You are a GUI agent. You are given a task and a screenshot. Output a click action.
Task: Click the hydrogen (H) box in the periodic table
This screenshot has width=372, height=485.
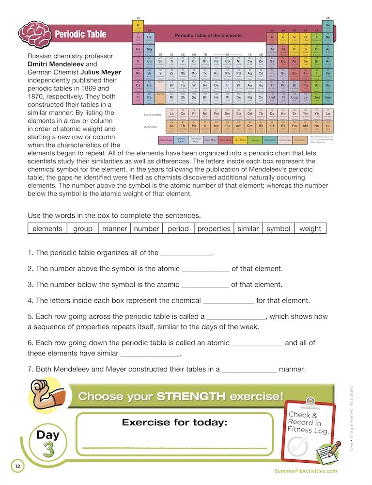tap(138, 26)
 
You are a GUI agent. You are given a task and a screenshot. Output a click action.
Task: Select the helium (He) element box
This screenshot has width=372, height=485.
tap(328, 26)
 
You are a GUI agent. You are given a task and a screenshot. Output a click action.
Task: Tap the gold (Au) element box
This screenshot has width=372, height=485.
tap(249, 74)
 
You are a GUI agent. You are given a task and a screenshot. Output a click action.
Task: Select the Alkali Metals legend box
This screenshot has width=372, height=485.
tap(166, 140)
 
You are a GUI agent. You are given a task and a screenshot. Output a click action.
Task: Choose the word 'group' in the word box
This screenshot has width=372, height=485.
tap(83, 228)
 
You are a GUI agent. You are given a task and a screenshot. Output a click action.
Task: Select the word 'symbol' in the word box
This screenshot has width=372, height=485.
tap(278, 228)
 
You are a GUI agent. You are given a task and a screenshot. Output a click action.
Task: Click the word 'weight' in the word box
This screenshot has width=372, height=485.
tap(310, 228)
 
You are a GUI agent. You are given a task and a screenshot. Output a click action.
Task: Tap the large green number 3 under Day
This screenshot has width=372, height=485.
tap(48, 449)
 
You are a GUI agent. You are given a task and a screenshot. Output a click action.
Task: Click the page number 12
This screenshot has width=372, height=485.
tap(17, 467)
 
